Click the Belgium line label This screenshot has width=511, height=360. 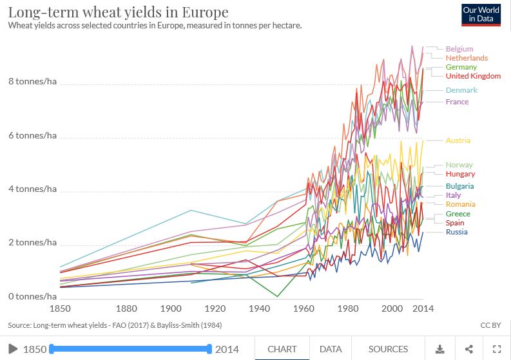459,49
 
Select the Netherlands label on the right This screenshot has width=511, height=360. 467,58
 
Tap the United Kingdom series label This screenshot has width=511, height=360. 473,76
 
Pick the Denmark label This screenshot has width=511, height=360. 461,90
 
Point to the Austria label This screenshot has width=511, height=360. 458,140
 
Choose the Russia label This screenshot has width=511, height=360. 456,232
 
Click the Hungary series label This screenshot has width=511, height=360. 460,174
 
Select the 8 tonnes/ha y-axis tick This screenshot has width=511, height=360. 32,82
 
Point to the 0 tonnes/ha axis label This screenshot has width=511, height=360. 32,296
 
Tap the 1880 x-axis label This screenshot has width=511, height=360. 127,309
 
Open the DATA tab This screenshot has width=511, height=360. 331,349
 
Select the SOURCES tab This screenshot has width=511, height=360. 388,349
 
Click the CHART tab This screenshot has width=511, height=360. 282,349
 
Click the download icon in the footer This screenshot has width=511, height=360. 440,349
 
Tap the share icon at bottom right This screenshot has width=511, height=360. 468,349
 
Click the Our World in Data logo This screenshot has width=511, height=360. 481,14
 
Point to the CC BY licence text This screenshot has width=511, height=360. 490,325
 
